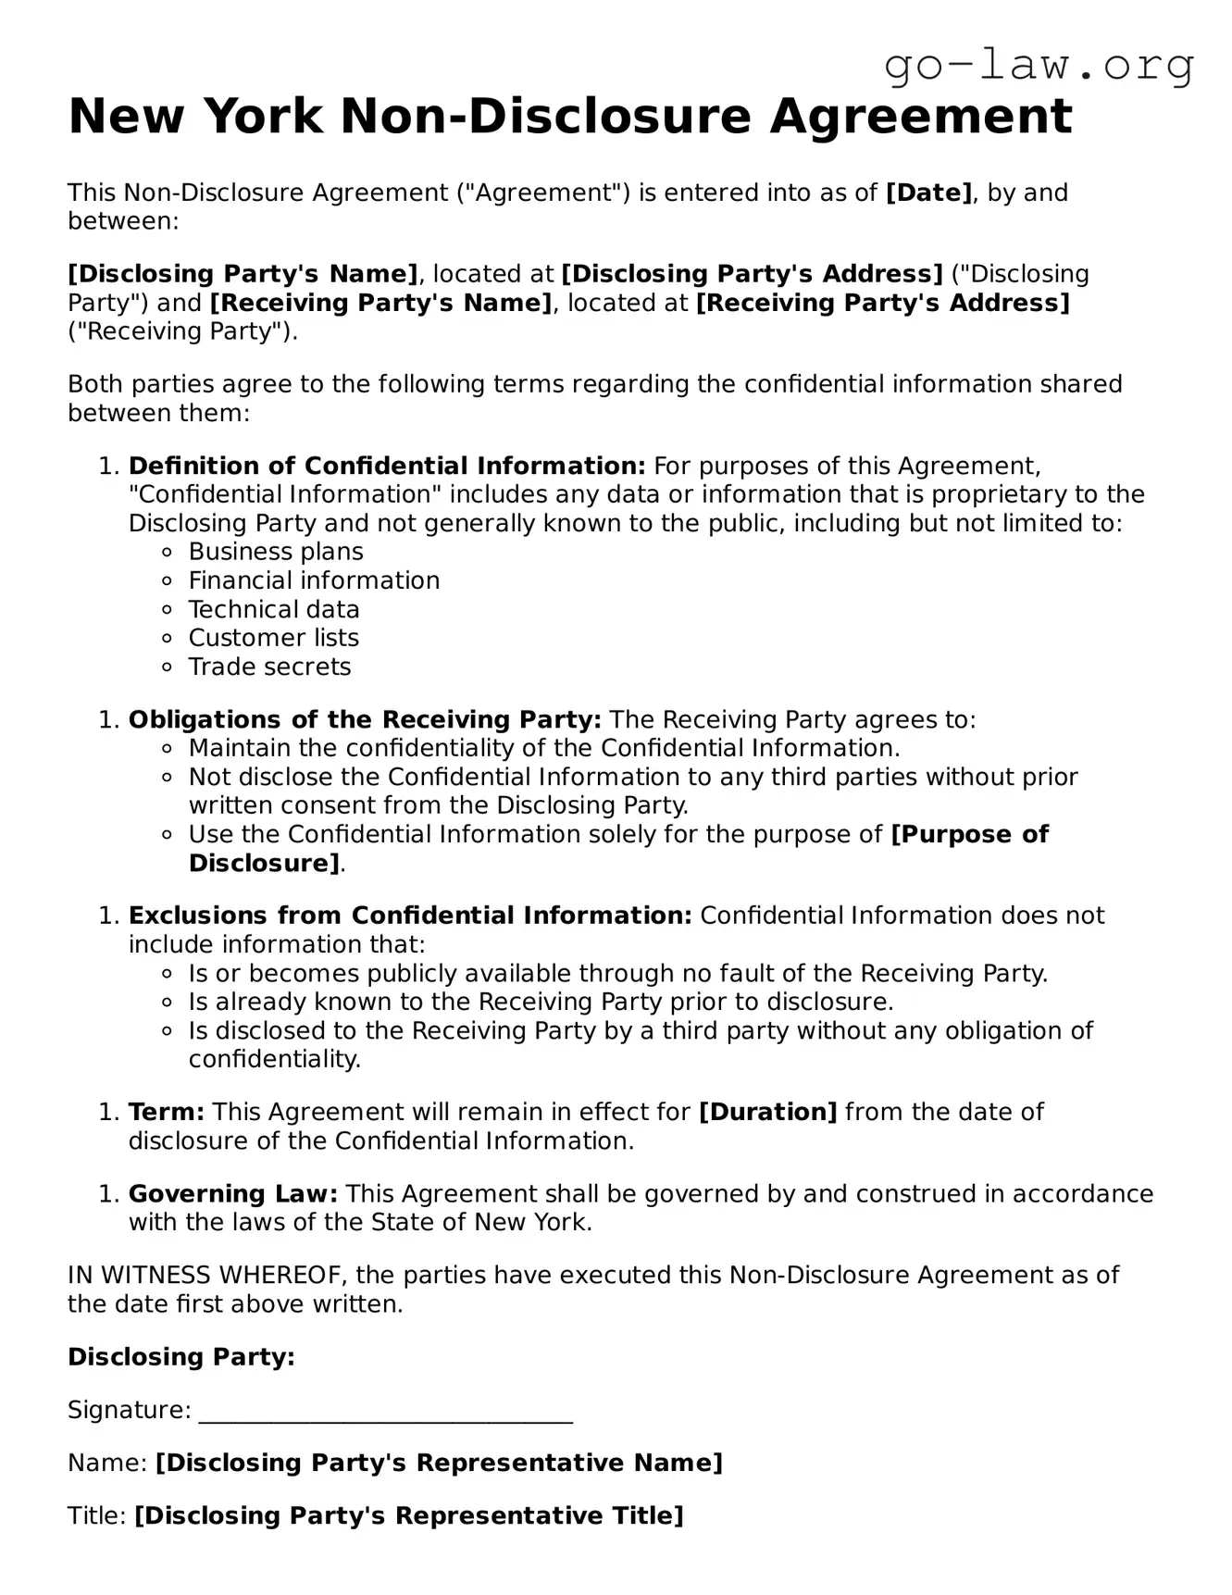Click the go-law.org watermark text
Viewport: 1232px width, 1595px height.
(1039, 66)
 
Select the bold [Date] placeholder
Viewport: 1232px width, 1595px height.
(929, 193)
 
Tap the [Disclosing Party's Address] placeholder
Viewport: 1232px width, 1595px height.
(752, 274)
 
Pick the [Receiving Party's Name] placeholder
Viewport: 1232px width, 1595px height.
(381, 303)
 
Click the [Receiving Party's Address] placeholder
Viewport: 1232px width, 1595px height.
(882, 303)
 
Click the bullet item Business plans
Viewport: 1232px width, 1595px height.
(276, 552)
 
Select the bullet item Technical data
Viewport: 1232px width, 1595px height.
(274, 609)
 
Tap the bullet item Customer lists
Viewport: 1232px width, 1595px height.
(274, 638)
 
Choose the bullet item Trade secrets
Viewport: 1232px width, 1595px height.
(269, 667)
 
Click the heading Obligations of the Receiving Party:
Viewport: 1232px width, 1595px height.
(365, 719)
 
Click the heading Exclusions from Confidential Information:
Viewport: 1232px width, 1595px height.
(410, 916)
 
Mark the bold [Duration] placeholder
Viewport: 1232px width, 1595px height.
(767, 1112)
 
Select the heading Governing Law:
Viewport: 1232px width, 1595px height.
(233, 1194)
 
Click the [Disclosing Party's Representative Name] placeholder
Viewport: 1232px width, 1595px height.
(439, 1463)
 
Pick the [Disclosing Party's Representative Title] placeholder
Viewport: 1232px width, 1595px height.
(409, 1515)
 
